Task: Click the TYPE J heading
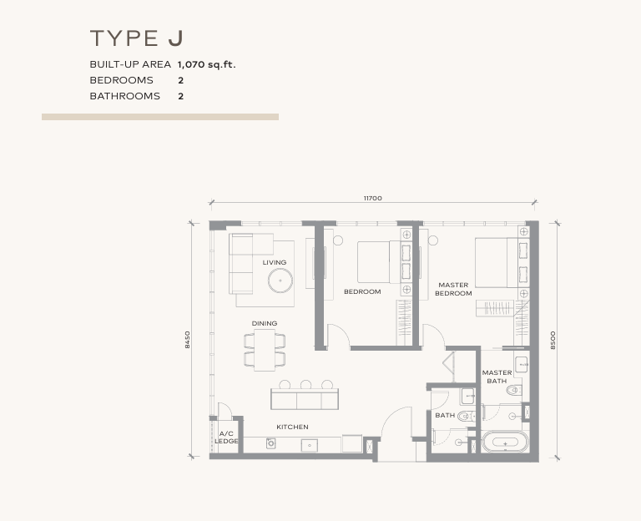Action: tap(137, 38)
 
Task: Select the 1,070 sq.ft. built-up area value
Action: tap(206, 64)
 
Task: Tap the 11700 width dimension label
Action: tap(372, 198)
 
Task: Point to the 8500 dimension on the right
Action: tap(553, 340)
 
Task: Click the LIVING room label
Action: tap(275, 262)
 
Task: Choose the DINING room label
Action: tap(265, 323)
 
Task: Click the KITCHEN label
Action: tap(292, 427)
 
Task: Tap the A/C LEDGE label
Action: tap(226, 437)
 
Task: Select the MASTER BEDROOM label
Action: tap(453, 289)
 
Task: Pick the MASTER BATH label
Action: tap(497, 377)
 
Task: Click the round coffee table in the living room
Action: tap(280, 280)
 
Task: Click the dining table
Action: tap(265, 349)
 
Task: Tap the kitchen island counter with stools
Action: tap(305, 398)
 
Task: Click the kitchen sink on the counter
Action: tap(310, 445)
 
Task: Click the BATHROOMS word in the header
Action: tap(124, 96)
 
